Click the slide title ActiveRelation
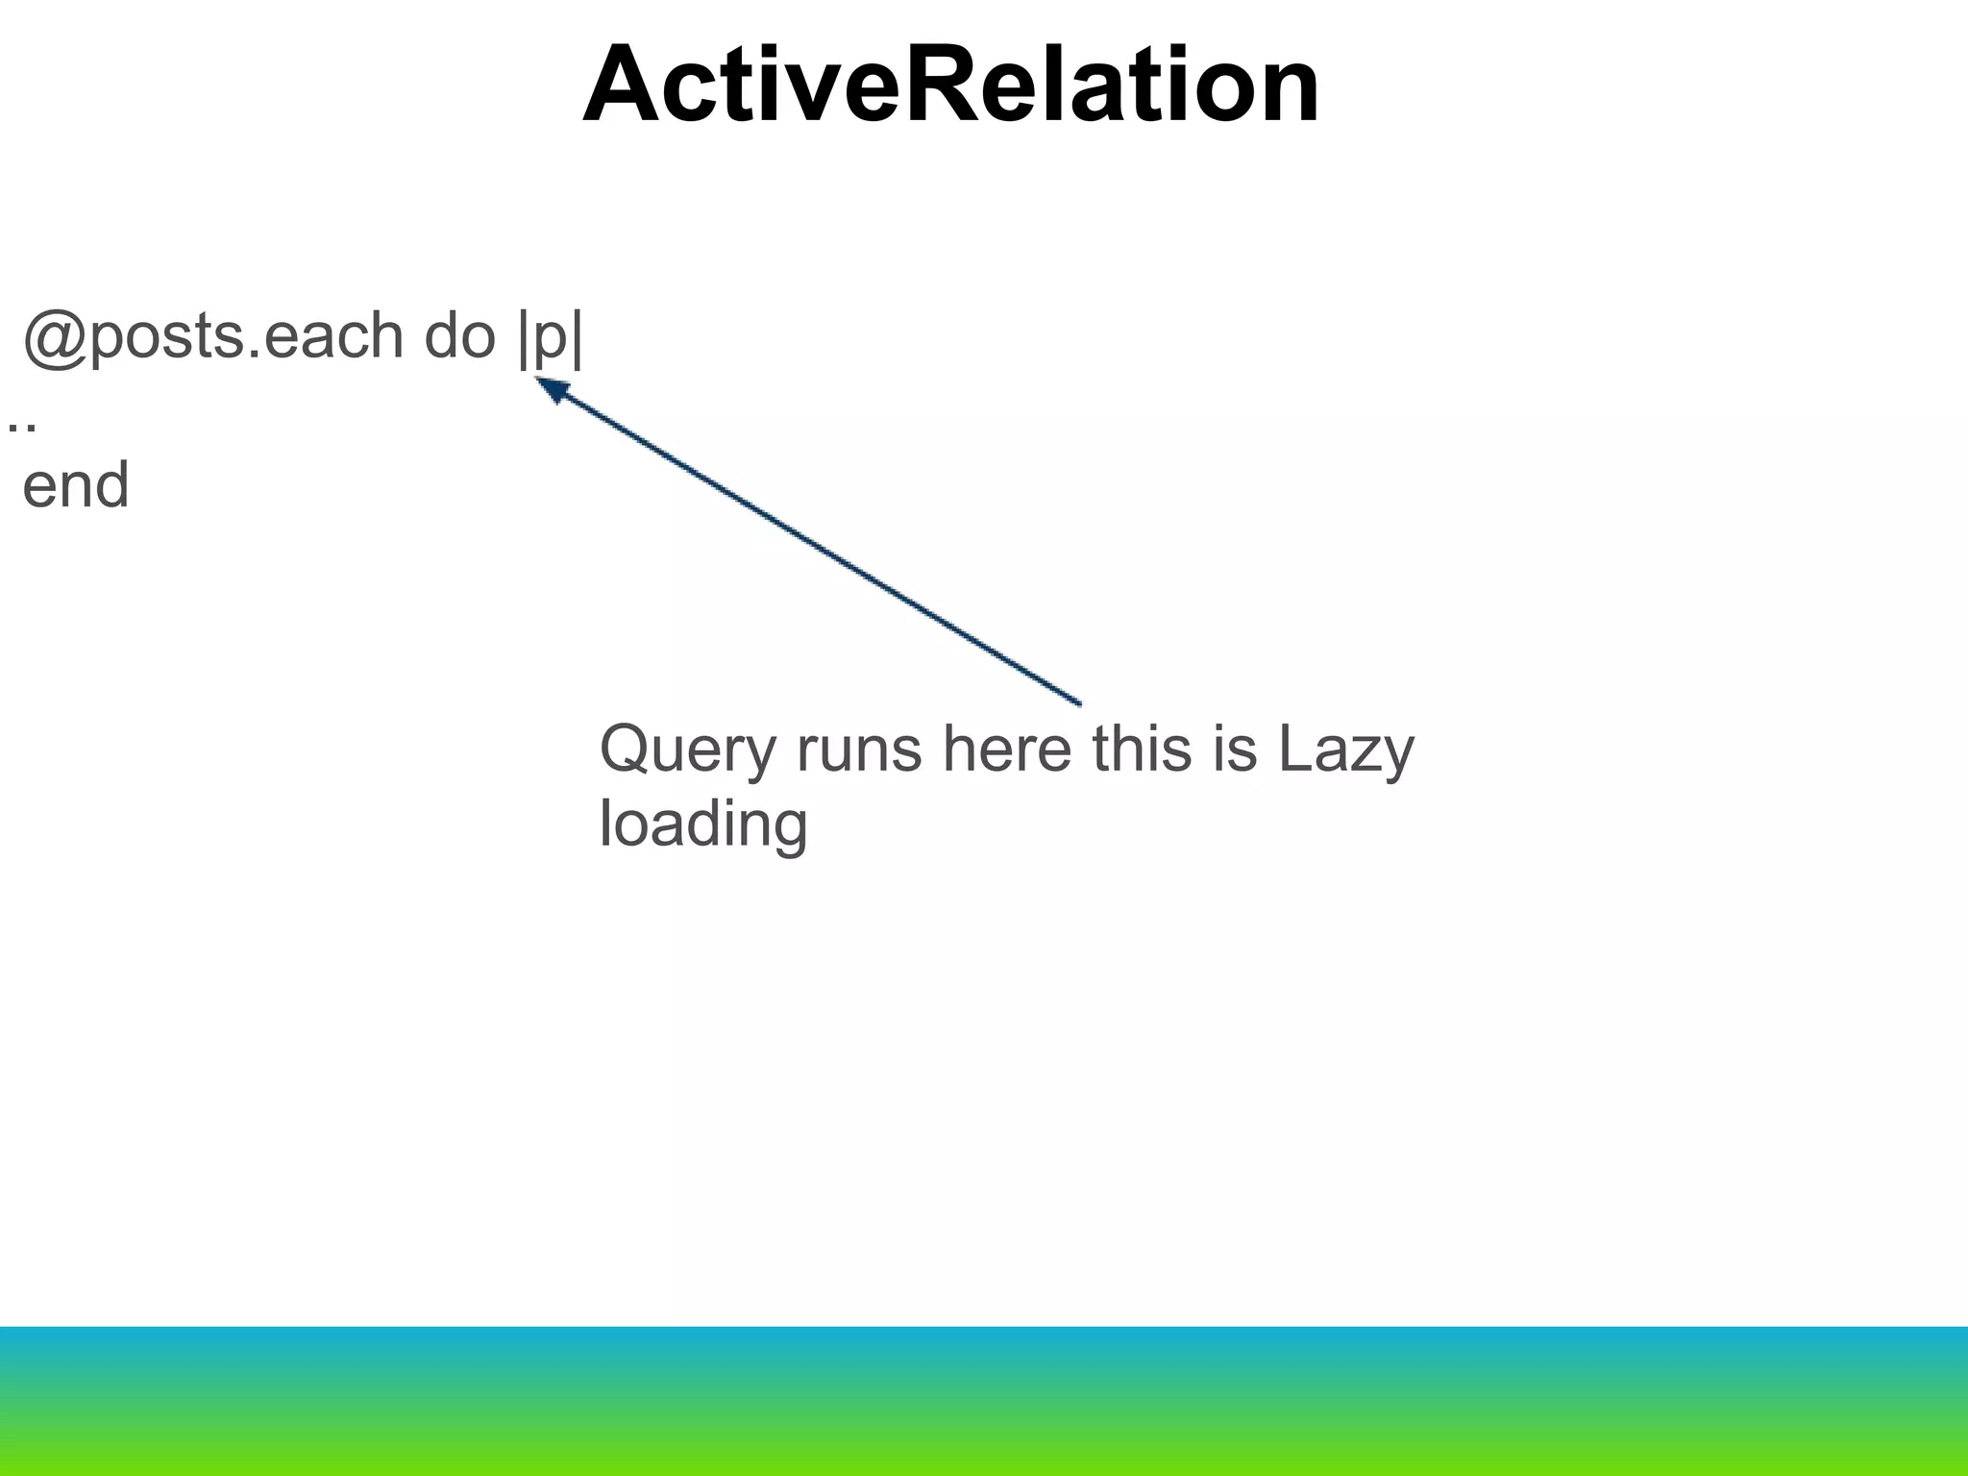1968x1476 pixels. (x=951, y=86)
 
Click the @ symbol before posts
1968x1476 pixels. (x=55, y=336)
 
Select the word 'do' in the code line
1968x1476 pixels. (x=459, y=336)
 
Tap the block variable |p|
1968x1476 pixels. (x=551, y=338)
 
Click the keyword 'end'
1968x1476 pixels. (x=76, y=485)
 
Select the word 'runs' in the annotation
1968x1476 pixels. (x=859, y=750)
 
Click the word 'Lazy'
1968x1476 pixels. (x=1345, y=750)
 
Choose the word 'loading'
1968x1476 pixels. (x=703, y=825)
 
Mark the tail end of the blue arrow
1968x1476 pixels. (x=1078, y=702)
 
